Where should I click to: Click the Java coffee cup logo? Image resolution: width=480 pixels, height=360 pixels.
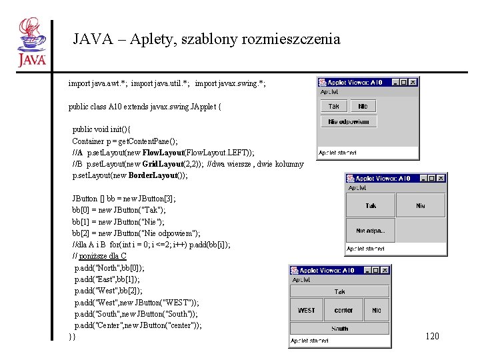[32, 42]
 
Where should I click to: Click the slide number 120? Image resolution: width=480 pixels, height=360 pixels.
[432, 337]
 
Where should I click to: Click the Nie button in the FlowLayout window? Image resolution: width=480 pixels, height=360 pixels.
[363, 106]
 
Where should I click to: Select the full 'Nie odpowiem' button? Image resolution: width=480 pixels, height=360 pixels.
[349, 121]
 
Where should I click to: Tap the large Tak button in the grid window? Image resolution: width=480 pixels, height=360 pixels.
[370, 206]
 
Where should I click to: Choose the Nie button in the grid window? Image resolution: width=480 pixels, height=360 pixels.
[420, 206]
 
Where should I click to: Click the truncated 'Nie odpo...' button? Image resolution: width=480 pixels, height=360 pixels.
[370, 231]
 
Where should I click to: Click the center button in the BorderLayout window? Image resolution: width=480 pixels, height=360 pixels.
[343, 310]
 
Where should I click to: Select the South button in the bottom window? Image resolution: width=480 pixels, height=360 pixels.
[339, 328]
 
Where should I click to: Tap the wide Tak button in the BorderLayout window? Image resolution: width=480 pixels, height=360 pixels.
[339, 292]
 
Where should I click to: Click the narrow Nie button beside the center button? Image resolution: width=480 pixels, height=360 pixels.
[377, 310]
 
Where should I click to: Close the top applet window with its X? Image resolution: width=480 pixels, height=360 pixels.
[413, 83]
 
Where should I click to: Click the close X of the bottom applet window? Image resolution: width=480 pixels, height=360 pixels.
[385, 270]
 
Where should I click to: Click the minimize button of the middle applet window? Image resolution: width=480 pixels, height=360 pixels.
[423, 179]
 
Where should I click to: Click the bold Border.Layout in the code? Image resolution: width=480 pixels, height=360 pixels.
[153, 175]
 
